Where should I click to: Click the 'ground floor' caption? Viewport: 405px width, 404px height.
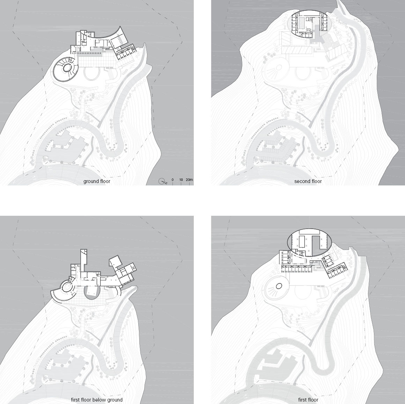(97, 181)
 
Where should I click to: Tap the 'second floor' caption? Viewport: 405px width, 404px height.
(308, 181)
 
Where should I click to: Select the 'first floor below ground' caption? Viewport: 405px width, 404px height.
(97, 400)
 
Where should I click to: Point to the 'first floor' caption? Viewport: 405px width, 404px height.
(308, 400)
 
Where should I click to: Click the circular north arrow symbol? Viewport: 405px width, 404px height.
(162, 181)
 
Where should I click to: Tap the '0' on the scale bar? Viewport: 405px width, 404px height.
(172, 180)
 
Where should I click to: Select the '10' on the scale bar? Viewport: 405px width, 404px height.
(181, 180)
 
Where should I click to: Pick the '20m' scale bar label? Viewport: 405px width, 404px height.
(189, 180)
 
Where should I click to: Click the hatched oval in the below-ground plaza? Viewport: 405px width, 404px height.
(91, 293)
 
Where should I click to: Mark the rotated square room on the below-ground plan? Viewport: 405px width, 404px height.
(115, 262)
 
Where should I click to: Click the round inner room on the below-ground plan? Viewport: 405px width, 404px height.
(67, 287)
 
